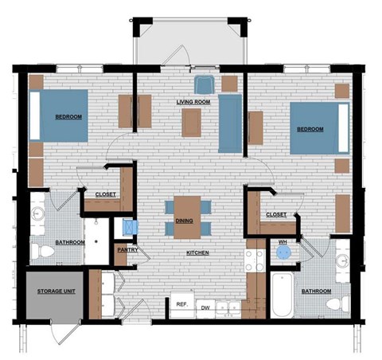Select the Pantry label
[127, 250]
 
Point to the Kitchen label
[197, 252]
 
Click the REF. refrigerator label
[181, 304]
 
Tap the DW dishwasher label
[205, 307]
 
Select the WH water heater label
[283, 241]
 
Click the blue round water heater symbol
[283, 254]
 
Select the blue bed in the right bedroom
[319, 128]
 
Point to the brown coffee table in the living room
[192, 123]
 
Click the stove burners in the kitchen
[255, 260]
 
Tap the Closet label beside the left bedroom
[106, 194]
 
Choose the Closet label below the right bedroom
[275, 213]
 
